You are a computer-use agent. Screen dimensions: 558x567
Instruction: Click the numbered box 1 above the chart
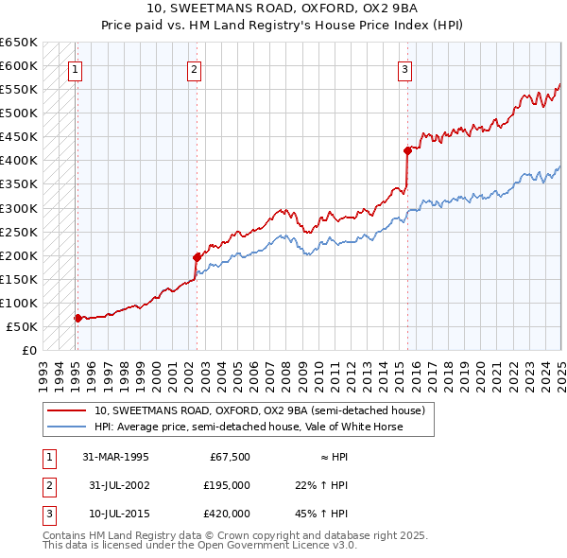pos(74,68)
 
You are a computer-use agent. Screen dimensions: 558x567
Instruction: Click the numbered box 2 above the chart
pos(193,68)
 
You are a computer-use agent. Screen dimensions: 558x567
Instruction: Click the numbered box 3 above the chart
pos(404,68)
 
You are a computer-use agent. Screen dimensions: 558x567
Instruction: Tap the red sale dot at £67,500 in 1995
pos(77,318)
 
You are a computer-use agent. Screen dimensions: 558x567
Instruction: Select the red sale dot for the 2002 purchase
pos(197,256)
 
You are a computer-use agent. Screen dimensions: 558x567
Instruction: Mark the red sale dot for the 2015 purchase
pos(407,149)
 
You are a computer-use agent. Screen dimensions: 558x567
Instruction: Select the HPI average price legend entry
pos(248,427)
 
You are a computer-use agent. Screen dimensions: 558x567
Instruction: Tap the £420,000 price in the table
pos(227,514)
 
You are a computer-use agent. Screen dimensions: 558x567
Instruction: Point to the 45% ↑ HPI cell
pos(322,514)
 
